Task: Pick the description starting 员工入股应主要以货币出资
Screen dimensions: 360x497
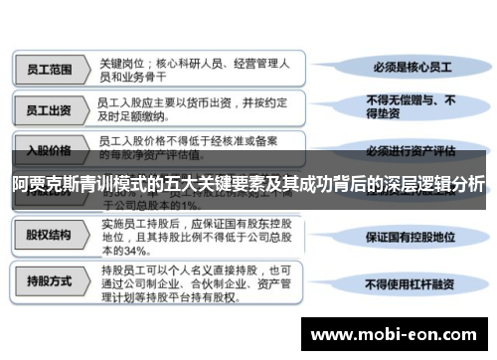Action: point(179,109)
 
